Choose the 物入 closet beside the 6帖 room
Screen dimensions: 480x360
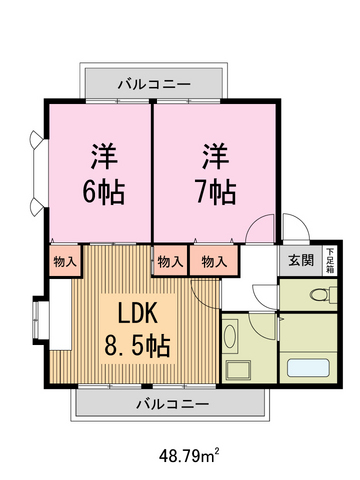click(x=63, y=261)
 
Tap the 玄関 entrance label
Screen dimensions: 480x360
click(x=300, y=261)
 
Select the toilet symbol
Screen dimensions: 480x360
click(x=318, y=295)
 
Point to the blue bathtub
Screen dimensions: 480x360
click(x=314, y=367)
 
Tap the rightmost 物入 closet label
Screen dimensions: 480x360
click(x=212, y=261)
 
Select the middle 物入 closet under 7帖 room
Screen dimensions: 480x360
click(x=169, y=261)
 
